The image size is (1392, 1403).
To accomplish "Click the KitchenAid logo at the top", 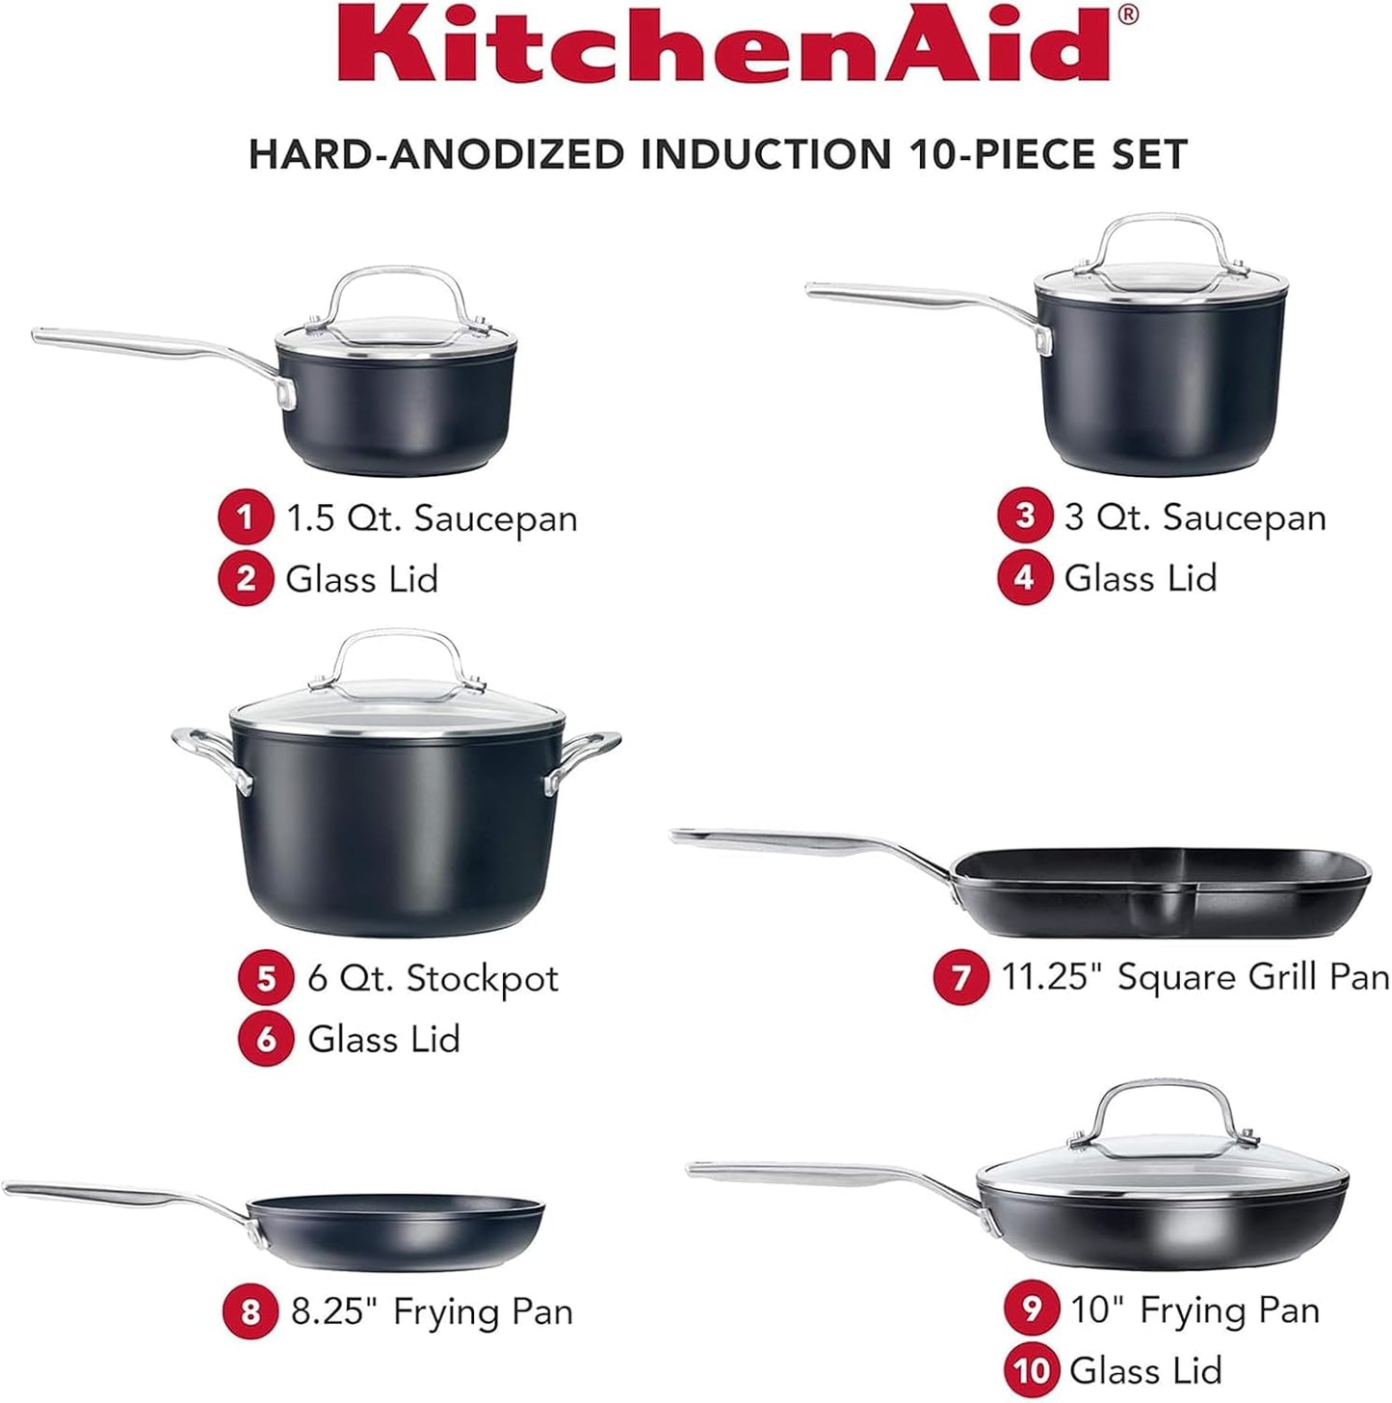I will tap(738, 45).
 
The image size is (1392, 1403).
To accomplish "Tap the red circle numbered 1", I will tap(246, 517).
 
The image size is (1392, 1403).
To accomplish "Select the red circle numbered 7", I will tap(960, 977).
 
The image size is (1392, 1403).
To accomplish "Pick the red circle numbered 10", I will tap(1032, 1369).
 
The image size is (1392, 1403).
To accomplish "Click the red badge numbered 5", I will tap(266, 978).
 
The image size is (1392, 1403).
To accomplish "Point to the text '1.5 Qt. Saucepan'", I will tap(432, 518).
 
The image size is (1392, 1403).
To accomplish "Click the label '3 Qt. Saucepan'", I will tap(1195, 517).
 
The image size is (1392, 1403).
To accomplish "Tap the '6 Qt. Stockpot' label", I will tap(433, 978).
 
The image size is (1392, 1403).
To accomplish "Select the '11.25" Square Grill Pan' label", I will tap(1195, 977).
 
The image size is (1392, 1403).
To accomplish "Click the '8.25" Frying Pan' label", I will tap(432, 1311).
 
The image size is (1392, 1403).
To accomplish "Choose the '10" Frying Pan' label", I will tap(1195, 1310).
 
